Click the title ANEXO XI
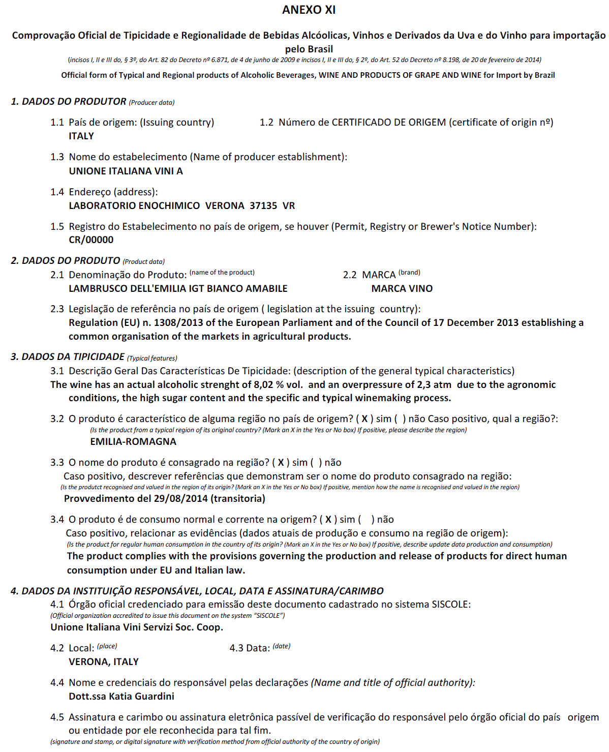309,10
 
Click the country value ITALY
81,136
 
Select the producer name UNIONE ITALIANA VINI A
126,171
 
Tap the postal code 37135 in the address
263,206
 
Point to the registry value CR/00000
91,240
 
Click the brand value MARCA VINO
402,289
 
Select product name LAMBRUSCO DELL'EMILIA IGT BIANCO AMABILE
178,289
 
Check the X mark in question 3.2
364,419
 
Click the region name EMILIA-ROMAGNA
133,442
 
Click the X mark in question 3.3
281,463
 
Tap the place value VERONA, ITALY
104,662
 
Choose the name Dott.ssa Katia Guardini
121,697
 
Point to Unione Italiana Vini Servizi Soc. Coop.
137,627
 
